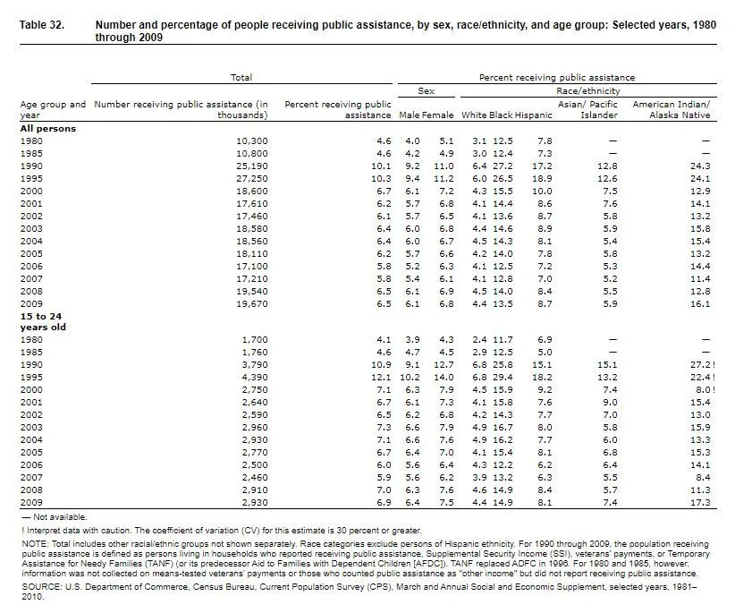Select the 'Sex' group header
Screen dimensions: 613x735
[427, 91]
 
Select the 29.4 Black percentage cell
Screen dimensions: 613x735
[503, 379]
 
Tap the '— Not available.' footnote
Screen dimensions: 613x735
[55, 517]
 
